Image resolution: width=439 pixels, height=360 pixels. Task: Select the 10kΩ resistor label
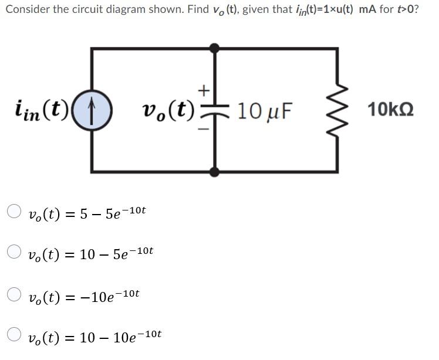[390, 110]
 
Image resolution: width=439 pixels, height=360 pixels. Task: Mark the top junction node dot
[215, 48]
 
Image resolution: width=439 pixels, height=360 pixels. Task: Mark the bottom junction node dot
[215, 171]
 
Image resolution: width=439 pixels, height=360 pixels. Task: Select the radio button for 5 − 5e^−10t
[15, 211]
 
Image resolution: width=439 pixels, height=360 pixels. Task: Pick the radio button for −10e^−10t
[15, 294]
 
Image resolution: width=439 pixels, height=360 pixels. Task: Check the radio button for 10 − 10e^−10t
[15, 335]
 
